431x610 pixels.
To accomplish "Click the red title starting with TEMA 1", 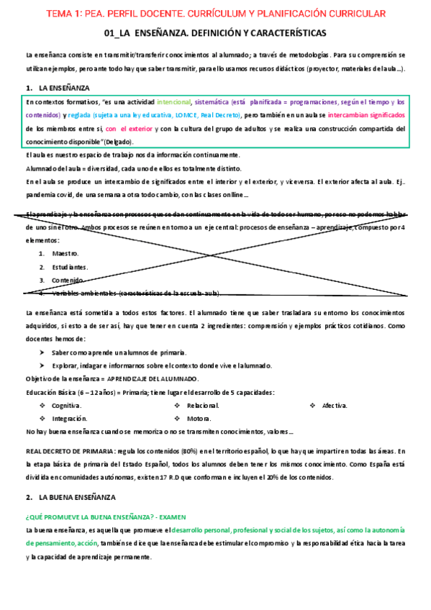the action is pos(216,14).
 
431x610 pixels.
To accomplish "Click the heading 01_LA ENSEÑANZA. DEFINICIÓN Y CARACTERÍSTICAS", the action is pos(215,33).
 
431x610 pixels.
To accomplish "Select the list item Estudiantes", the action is pos(71,267).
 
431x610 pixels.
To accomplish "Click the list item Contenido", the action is pos(68,280).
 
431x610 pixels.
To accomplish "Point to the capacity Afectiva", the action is pos(335,406).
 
